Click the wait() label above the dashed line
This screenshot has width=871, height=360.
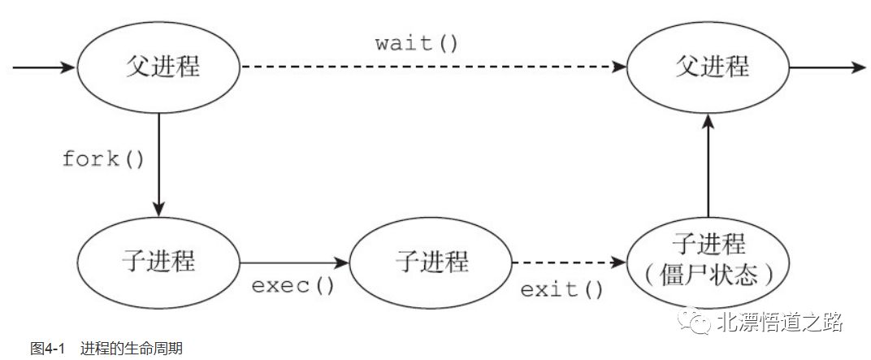[417, 43]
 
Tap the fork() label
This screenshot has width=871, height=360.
[103, 158]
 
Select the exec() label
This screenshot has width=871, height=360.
[293, 285]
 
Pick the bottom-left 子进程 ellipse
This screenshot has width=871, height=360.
[158, 262]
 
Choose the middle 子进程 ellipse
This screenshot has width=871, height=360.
[431, 262]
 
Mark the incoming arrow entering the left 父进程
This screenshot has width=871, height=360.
[45, 67]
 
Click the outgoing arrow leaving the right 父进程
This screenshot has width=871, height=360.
[825, 67]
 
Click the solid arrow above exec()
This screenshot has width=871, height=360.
[294, 262]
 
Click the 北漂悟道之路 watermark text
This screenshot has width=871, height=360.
[779, 323]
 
